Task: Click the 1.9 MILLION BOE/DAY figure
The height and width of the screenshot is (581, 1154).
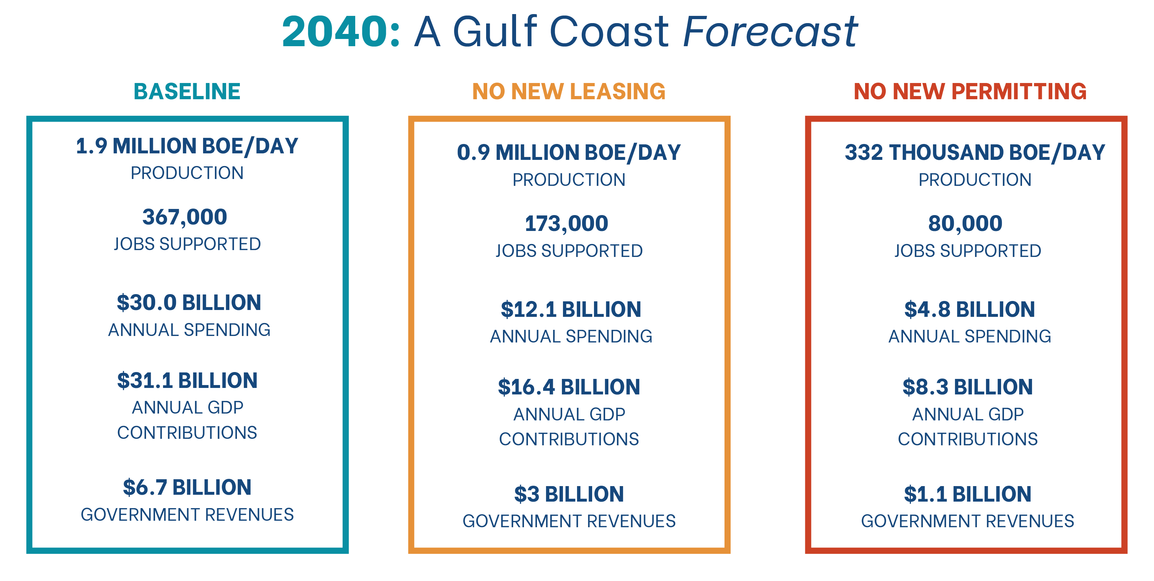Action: (x=187, y=146)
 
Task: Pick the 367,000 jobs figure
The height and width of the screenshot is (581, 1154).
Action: (x=185, y=217)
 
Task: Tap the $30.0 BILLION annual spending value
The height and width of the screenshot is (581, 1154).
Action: (x=189, y=303)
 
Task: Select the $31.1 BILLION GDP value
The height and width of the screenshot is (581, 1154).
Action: (x=187, y=381)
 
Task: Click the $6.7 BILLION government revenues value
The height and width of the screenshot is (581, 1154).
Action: (x=187, y=487)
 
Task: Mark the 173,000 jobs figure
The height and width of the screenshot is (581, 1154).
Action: (x=566, y=223)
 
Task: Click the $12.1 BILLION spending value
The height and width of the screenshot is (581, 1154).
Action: (x=571, y=309)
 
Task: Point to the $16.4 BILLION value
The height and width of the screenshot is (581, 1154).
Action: (x=569, y=387)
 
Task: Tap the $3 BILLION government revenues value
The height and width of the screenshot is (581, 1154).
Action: (x=569, y=494)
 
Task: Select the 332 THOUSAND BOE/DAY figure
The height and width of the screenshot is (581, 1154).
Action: (x=975, y=152)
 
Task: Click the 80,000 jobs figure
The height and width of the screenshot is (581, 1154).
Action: (x=965, y=223)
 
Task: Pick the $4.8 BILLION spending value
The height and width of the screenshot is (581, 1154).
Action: (x=969, y=309)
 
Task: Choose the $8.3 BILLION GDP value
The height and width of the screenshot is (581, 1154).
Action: (x=968, y=387)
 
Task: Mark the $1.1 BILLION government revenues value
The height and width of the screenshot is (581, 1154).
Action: (x=968, y=494)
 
